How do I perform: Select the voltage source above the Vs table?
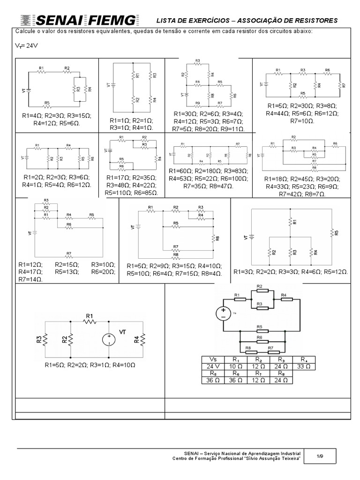(x=223, y=313)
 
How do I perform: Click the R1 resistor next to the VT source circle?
(x=90, y=322)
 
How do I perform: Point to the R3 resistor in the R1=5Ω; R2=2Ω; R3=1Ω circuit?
(x=45, y=338)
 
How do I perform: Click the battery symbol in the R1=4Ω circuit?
(x=28, y=91)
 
